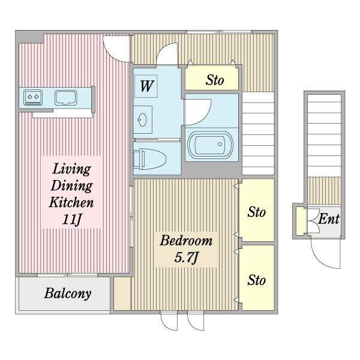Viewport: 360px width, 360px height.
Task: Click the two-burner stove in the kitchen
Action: (x=33, y=98)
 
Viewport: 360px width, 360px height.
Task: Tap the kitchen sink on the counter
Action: (x=65, y=98)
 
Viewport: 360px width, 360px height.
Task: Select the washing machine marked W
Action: (x=146, y=86)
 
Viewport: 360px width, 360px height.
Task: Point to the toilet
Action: (x=149, y=159)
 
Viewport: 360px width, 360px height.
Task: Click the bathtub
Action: (x=210, y=145)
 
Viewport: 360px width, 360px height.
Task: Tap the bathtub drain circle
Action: (x=220, y=144)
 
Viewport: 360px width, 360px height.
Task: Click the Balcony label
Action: (x=68, y=293)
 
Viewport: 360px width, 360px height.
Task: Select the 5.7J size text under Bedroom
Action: (x=186, y=257)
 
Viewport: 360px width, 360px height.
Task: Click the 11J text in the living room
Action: (x=71, y=220)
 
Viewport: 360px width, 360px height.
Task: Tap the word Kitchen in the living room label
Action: (x=71, y=203)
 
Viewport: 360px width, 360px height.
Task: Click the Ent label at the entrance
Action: (x=329, y=219)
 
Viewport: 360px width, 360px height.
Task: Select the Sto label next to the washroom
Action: (x=215, y=80)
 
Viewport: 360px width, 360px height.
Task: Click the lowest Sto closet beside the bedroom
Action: (x=257, y=278)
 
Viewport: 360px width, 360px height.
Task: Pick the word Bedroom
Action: (x=186, y=241)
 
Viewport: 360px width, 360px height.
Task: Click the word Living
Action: (x=71, y=169)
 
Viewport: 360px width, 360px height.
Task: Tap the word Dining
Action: (x=71, y=185)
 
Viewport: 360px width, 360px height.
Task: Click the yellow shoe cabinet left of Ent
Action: (x=299, y=221)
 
